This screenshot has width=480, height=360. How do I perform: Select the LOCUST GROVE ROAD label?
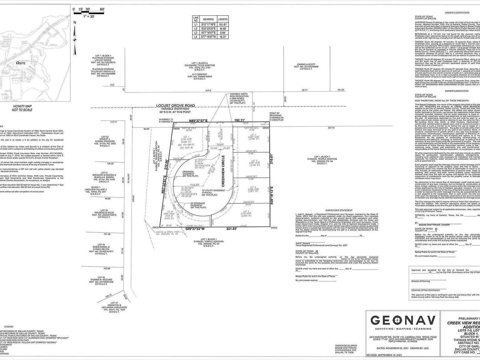tap(176, 106)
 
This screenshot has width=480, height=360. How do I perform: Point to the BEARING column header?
tap(208, 19)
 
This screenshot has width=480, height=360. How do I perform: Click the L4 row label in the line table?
tap(196, 37)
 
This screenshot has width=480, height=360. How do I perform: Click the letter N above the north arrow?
tap(75, 22)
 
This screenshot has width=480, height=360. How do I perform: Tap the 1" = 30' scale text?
tap(89, 16)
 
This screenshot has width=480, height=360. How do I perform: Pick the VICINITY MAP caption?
tap(22, 108)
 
